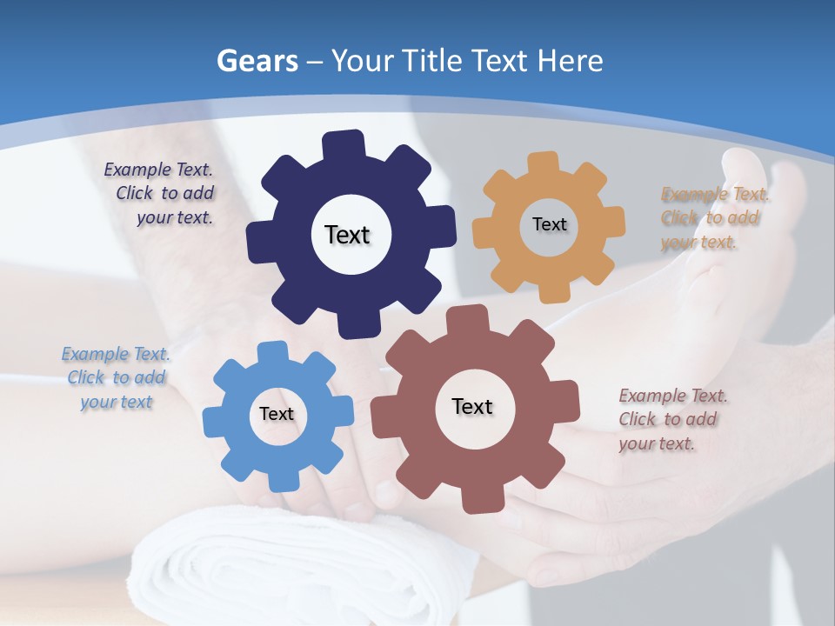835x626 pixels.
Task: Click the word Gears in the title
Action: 257,61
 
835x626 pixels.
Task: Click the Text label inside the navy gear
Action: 347,235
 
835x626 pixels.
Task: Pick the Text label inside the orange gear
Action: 549,224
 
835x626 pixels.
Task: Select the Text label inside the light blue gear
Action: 277,414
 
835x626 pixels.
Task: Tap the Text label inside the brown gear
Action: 472,406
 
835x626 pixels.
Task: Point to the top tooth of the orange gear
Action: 544,163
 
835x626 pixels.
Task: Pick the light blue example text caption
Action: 116,378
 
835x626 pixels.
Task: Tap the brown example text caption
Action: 671,420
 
